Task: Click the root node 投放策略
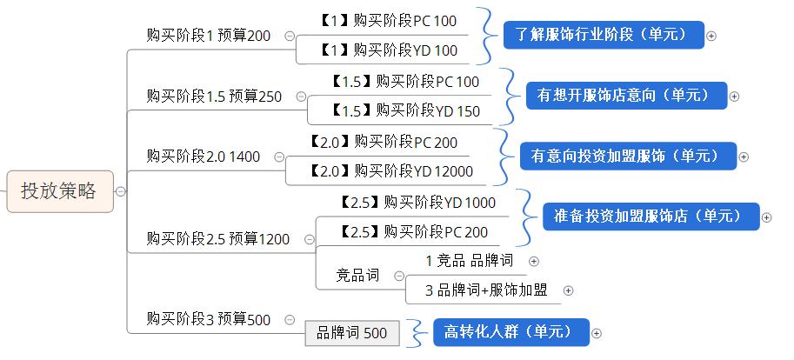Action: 59,191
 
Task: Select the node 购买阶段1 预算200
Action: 208,36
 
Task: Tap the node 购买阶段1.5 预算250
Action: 214,97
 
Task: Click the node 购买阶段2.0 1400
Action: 203,157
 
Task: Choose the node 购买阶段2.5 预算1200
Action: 218,238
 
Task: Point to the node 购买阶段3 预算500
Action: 208,320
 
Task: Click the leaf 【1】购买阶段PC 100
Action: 388,21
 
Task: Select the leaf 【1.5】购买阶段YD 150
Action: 405,111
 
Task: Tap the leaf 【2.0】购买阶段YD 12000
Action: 390,171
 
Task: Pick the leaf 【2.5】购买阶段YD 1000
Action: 416,203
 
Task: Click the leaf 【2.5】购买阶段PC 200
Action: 413,232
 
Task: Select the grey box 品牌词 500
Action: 351,333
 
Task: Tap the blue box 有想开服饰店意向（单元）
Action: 625,95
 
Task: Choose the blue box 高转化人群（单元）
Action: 510,332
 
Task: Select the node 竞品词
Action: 357,276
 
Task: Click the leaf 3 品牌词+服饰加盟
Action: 486,290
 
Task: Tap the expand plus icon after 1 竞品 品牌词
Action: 534,261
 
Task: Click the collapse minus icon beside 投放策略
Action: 121,192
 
